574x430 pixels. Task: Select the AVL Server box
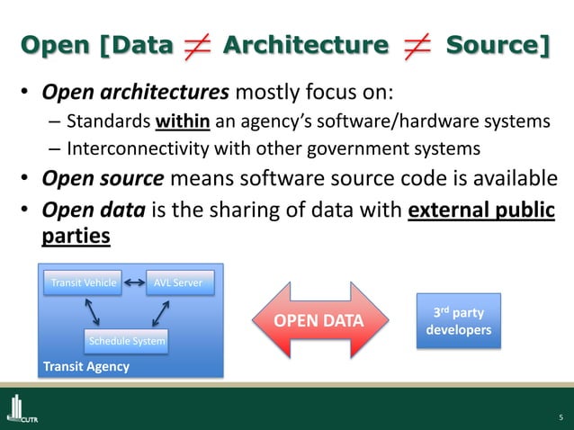coord(180,282)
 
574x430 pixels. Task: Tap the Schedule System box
coord(126,341)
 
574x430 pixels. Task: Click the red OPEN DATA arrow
coord(319,320)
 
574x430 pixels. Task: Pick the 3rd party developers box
coord(457,321)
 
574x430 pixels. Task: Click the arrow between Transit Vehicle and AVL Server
coord(135,282)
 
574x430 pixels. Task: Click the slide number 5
coord(560,417)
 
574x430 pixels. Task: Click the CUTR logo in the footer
coord(22,410)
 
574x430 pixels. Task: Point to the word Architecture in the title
coord(305,44)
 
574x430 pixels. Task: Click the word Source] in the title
coord(498,44)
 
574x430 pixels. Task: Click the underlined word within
coord(187,123)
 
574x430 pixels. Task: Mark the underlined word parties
coord(76,236)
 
